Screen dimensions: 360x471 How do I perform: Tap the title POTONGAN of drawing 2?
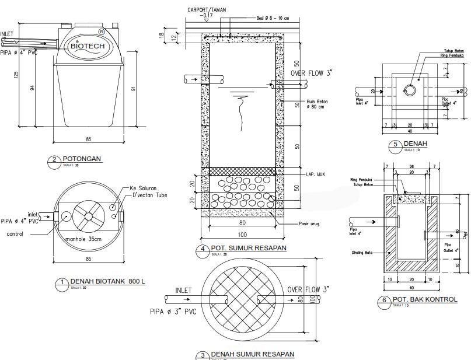[x=82, y=159]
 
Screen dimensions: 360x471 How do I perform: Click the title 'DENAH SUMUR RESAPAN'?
[x=252, y=354]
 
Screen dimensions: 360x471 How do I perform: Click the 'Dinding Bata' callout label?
[x=361, y=253]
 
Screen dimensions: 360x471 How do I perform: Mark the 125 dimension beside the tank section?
[x=16, y=75]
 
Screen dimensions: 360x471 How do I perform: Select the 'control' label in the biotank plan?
[x=15, y=234]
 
